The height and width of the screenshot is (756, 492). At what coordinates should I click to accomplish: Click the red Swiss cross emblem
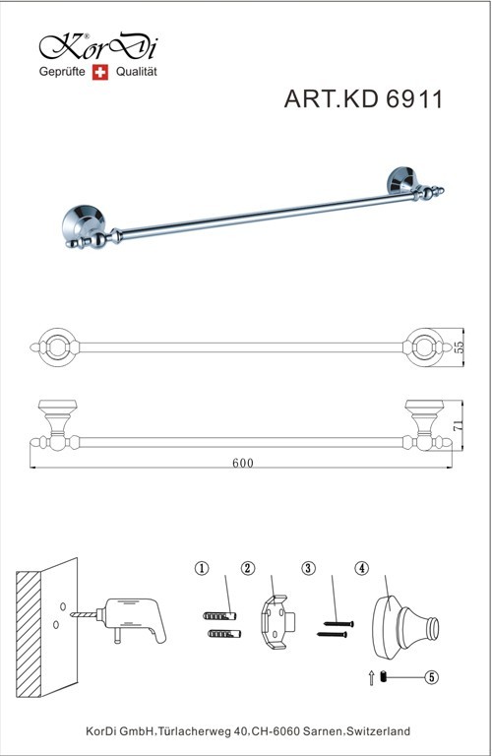[100, 72]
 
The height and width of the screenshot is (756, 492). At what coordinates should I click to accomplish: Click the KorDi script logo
[98, 47]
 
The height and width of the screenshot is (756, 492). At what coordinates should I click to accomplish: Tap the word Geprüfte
[62, 72]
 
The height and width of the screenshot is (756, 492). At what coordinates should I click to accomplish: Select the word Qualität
[137, 71]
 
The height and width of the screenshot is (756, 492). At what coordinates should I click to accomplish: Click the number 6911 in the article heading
[414, 99]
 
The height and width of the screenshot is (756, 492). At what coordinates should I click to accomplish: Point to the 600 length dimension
[243, 463]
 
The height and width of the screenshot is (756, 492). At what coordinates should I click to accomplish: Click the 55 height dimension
[459, 347]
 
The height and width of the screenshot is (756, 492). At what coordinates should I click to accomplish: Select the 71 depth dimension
[459, 425]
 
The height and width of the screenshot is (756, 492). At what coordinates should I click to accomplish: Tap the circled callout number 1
[202, 568]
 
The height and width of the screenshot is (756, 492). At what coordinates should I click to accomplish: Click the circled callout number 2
[248, 568]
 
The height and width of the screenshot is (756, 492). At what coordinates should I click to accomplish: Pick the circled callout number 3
[308, 568]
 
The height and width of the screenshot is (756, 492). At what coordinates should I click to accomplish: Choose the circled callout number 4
[361, 568]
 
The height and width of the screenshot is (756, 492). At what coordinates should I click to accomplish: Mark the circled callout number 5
[431, 677]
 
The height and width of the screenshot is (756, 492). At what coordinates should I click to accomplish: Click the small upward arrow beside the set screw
[372, 678]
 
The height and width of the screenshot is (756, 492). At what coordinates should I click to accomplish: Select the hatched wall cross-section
[29, 635]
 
